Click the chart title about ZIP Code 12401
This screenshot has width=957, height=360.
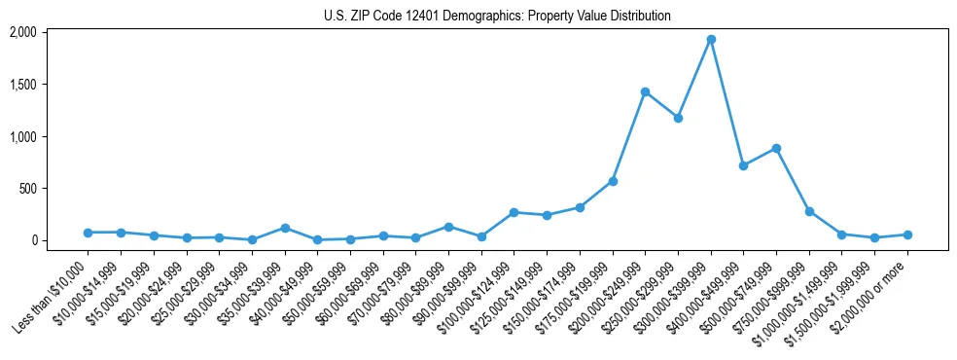(497, 16)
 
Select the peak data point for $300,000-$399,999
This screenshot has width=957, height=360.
(711, 40)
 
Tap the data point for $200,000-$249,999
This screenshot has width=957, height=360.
(645, 91)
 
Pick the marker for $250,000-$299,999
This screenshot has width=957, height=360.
(678, 118)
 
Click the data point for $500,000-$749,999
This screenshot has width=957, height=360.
(776, 149)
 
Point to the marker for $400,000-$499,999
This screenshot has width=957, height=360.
(743, 165)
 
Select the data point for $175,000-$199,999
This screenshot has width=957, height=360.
(613, 181)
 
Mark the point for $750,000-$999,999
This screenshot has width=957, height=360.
(809, 211)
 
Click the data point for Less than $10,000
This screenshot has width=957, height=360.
(89, 233)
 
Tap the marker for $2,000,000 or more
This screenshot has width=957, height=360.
(907, 234)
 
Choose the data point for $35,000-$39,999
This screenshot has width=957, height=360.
(285, 228)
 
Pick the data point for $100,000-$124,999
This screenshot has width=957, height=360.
(514, 212)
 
